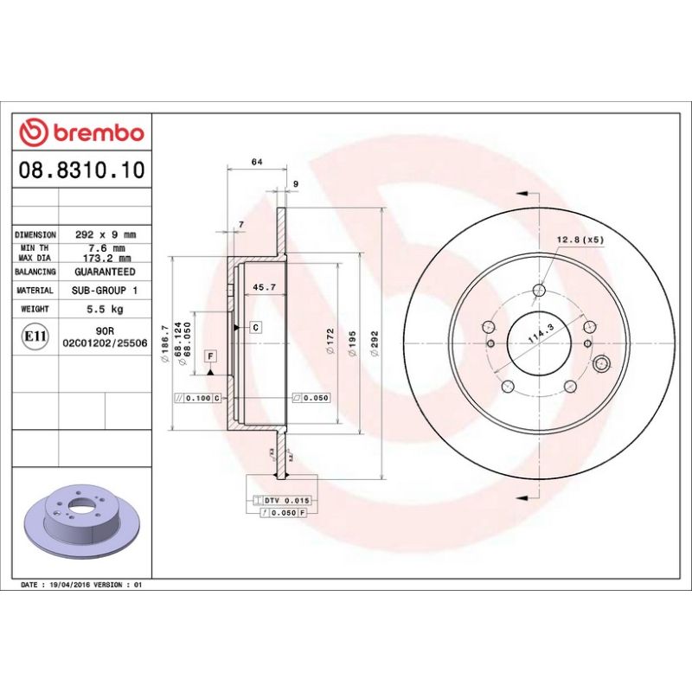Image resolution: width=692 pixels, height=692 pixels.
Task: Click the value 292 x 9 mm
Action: (107, 234)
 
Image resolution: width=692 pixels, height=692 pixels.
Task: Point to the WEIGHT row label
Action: (35, 309)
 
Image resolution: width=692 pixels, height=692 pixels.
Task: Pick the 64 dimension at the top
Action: (257, 163)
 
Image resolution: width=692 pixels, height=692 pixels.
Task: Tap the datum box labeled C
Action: (256, 327)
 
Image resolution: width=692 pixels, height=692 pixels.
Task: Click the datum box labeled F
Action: (210, 356)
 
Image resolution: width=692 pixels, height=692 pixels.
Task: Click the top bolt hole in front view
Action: (539, 291)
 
